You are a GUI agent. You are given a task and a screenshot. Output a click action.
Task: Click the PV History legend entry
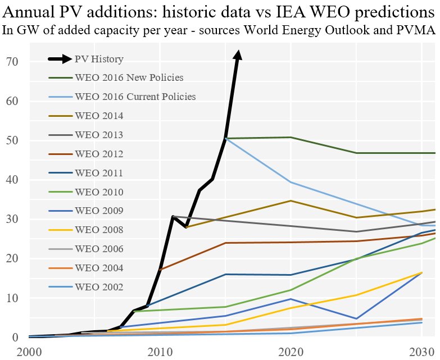[x=99, y=59]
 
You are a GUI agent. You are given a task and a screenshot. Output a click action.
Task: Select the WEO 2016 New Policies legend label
[x=129, y=78]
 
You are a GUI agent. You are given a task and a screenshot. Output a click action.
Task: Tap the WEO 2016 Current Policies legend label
[x=135, y=97]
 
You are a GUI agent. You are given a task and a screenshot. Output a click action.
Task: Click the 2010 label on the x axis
[x=160, y=351]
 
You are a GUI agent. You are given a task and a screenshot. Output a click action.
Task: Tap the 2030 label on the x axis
[x=421, y=351]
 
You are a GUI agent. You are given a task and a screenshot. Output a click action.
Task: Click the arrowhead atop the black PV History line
[x=238, y=54]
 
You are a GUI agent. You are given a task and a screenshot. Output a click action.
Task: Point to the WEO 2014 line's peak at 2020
[x=291, y=200]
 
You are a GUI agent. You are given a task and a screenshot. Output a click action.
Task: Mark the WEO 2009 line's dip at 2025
[x=356, y=318]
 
